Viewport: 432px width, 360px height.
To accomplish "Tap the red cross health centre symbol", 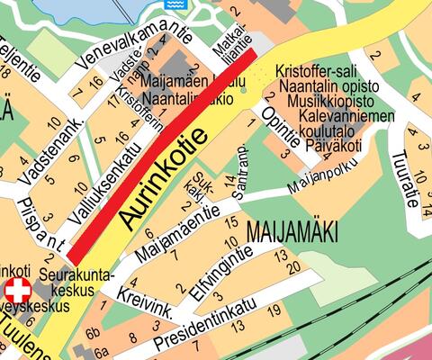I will [17, 291].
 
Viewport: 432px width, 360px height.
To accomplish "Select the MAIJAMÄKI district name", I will [291, 231].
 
